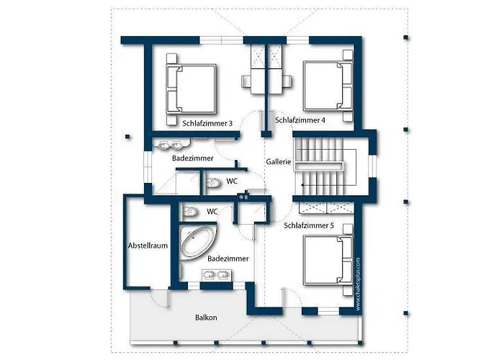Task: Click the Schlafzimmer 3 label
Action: pos(207,123)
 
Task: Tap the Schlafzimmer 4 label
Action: pos(300,120)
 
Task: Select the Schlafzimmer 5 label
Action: pos(309,225)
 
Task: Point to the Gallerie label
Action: pos(279,162)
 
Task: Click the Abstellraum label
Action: pos(148,246)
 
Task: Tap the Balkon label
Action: pos(206,318)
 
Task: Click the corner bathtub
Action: pos(197,242)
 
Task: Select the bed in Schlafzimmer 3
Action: pos(191,89)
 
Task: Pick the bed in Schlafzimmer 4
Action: pos(328,86)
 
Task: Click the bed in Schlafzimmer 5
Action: pos(328,261)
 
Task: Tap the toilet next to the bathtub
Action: pos(190,212)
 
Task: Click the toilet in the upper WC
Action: pos(213,183)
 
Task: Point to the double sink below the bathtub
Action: pos(216,275)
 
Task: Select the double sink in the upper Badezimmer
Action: pos(171,145)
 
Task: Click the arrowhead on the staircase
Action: pos(303,185)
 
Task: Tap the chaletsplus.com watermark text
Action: pos(359,284)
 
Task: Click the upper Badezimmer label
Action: pos(192,158)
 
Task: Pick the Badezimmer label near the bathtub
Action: pos(228,258)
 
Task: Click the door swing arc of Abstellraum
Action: pos(158,300)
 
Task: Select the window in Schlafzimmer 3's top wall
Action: pos(221,40)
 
